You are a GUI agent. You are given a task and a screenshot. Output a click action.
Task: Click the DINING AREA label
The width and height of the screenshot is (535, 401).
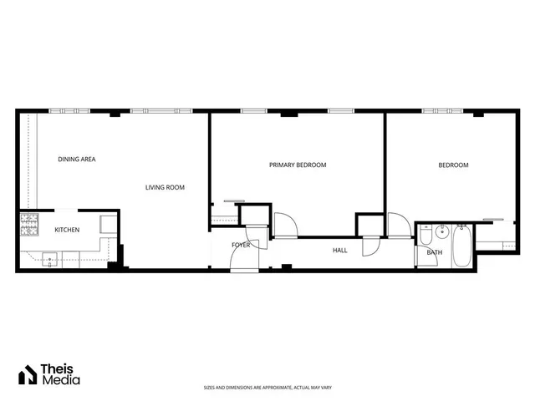pos(76,159)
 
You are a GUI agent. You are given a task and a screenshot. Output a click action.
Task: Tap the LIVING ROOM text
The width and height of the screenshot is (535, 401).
pos(165,187)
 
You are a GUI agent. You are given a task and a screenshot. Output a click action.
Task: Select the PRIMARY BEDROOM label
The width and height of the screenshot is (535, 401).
pos(298,165)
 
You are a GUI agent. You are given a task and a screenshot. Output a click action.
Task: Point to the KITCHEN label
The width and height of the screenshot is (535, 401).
pos(67,230)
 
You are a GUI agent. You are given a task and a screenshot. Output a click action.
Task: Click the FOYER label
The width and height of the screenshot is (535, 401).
pos(241,245)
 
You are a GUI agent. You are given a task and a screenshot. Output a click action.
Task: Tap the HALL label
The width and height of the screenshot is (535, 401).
pos(340,250)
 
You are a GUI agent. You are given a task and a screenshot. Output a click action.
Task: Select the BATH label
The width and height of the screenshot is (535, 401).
pos(435,252)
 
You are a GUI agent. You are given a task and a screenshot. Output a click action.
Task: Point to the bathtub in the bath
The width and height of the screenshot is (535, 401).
pos(462,246)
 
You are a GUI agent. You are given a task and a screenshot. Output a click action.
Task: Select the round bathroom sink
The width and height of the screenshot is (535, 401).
pos(442,231)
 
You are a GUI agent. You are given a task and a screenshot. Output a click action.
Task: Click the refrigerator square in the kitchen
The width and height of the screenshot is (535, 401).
pos(109,224)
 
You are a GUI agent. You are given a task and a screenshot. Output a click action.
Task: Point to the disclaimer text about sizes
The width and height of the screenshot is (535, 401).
pos(267,388)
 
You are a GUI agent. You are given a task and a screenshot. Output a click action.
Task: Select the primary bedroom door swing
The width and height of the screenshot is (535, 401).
pos(285,224)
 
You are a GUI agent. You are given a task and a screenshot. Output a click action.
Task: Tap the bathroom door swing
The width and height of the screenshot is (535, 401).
pos(400,226)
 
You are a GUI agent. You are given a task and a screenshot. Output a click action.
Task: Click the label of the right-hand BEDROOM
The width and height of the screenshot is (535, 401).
pos(454,165)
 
